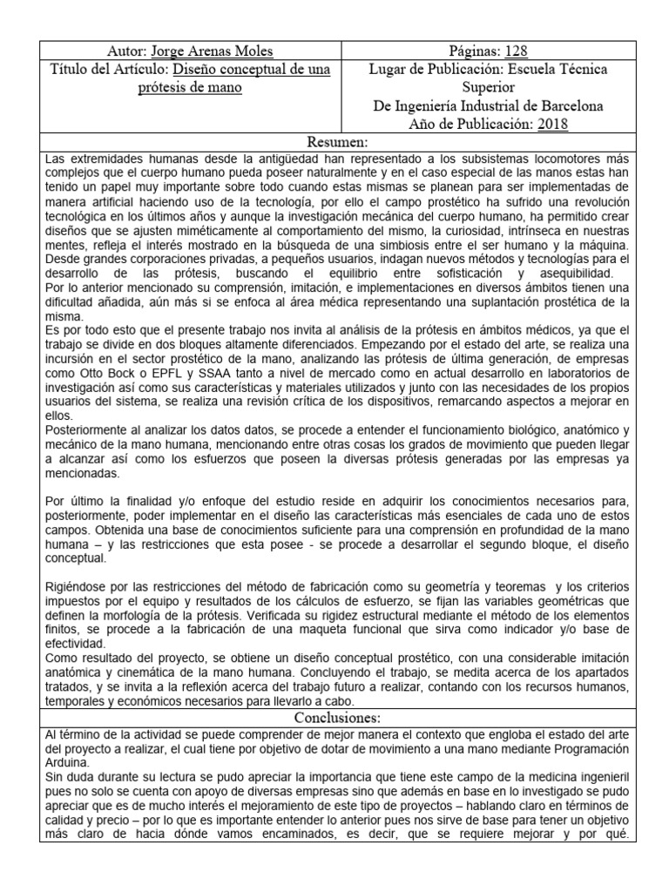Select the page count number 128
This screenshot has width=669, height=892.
point(515,51)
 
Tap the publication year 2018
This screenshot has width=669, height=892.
point(552,124)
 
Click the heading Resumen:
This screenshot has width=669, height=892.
point(339,142)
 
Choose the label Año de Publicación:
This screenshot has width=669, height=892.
point(471,124)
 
